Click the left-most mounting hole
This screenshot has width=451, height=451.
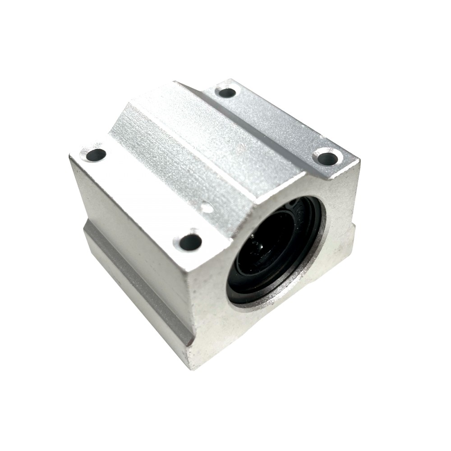(x=96, y=155)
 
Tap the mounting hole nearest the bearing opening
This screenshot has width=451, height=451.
(x=190, y=242)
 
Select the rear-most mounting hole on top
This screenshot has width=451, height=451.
(x=227, y=92)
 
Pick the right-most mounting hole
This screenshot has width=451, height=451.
(x=328, y=158)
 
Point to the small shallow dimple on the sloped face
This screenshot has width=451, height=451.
(x=207, y=208)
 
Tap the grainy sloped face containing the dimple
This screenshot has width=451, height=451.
(x=180, y=180)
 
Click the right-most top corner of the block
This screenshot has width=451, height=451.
(x=359, y=160)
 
